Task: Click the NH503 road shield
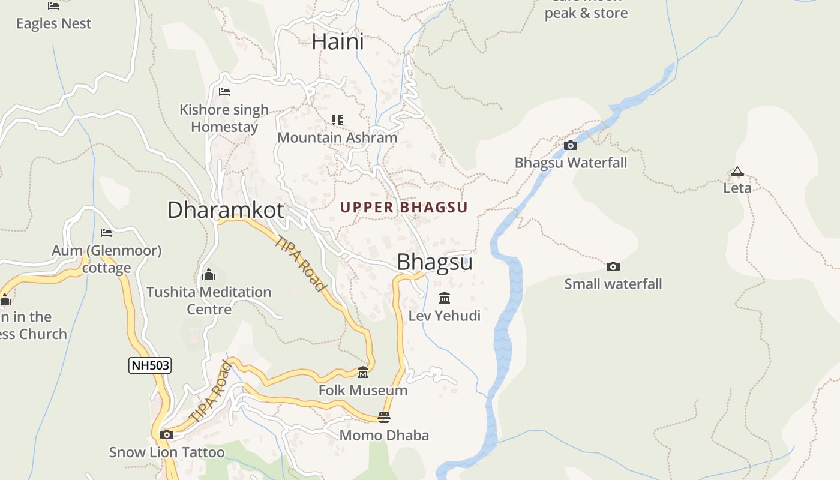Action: [150, 365]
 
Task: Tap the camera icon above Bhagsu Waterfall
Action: [571, 145]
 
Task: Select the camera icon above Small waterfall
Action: [613, 266]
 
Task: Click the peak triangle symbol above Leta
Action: [737, 172]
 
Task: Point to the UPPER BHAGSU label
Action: [404, 208]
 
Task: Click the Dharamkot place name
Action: [226, 210]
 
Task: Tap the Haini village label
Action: [338, 42]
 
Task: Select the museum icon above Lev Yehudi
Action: [445, 298]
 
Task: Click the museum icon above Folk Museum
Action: [363, 373]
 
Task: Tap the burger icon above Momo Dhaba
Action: [384, 417]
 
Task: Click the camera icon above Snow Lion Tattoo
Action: [167, 434]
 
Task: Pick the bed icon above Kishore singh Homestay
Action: [224, 92]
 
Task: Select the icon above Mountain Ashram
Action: [337, 120]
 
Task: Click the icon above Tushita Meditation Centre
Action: [209, 274]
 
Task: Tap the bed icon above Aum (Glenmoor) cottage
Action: [106, 233]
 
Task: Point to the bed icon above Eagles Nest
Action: [53, 6]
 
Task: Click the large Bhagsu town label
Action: [434, 262]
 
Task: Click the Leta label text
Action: [737, 188]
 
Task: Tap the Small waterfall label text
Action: [613, 284]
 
